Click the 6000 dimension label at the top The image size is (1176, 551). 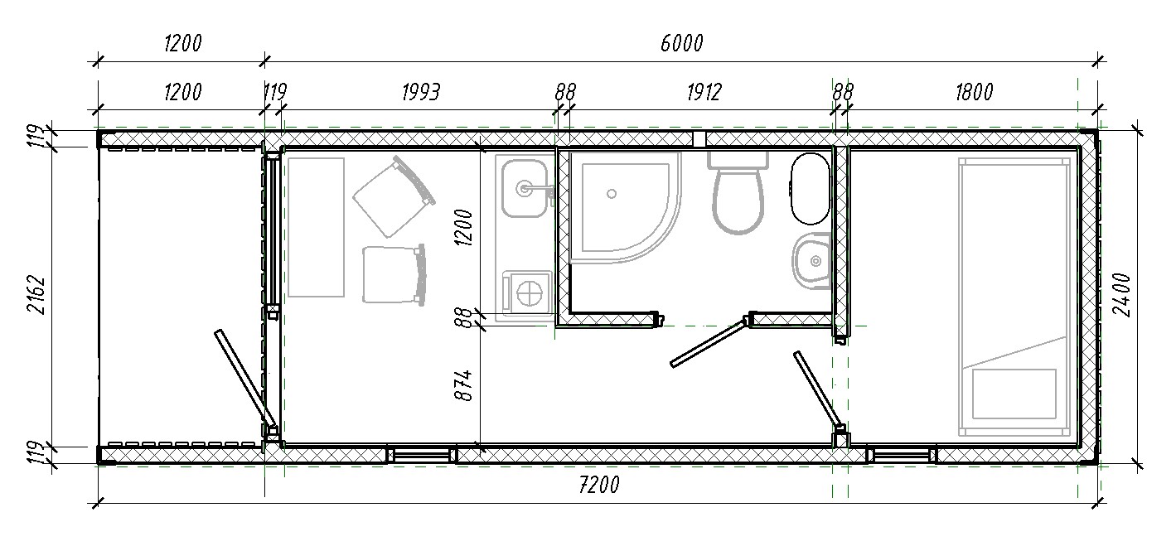[681, 44]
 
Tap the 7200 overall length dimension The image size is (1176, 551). [599, 485]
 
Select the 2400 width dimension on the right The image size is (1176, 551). [1121, 294]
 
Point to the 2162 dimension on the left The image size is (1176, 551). [36, 294]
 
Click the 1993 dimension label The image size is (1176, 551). [421, 92]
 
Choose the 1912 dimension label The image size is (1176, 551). [704, 92]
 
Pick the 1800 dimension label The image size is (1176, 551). [975, 92]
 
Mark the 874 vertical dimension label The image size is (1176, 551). [463, 386]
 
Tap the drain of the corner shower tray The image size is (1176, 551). [611, 194]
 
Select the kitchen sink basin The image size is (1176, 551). [524, 188]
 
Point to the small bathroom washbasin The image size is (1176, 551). [811, 261]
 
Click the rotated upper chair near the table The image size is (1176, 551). [394, 196]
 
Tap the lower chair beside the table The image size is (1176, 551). [394, 274]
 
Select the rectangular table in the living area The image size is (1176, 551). [316, 227]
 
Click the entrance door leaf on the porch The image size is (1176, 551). [245, 379]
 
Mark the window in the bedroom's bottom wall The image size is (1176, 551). [901, 454]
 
